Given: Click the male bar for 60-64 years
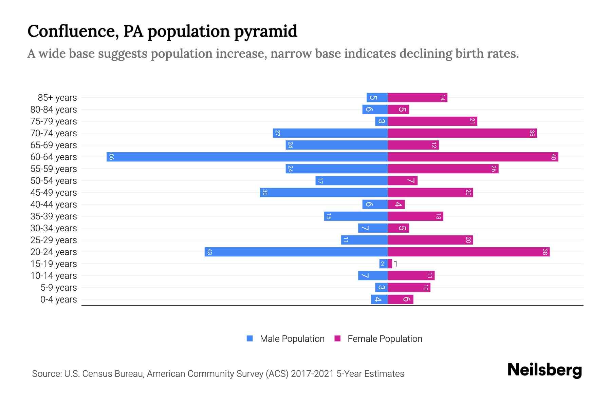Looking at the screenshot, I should tap(247, 157).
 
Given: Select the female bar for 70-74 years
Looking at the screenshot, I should tap(462, 133).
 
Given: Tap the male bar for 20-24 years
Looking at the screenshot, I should tap(296, 252).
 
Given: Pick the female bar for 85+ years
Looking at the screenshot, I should tap(418, 98).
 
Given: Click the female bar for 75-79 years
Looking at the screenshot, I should tap(432, 121).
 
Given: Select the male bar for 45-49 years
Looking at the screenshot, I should tap(324, 193).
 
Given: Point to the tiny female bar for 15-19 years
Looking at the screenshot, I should tap(390, 264).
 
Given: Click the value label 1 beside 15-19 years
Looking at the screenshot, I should tap(396, 264).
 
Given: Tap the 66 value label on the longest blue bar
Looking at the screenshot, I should tap(111, 157).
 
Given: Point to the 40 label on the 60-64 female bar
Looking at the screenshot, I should tap(553, 157).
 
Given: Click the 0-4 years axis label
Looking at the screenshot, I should tap(58, 299).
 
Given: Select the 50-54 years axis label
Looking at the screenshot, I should tap(54, 181).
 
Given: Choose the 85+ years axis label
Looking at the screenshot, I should tap(57, 98).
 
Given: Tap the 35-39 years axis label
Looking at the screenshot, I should tap(54, 216).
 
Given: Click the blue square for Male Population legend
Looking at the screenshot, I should tap(250, 338).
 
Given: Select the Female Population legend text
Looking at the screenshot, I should tap(385, 339).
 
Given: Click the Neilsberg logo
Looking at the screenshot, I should tap(544, 370).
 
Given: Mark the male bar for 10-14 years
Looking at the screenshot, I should tap(373, 276).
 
